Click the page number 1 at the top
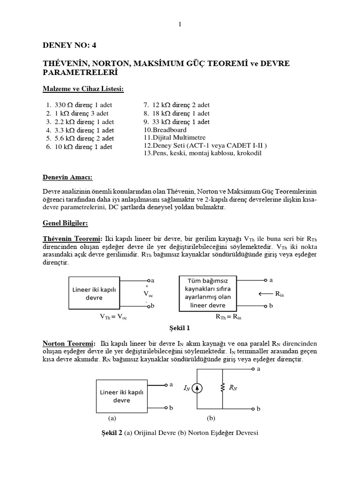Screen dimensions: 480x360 tap(179, 24)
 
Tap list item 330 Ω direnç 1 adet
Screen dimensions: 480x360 tap(80, 105)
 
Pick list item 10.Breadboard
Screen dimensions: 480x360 tap(165, 130)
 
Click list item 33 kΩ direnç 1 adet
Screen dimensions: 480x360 tap(177, 121)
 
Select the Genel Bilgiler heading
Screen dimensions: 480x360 tap(66, 224)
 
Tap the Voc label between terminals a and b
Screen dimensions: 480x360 tap(148, 293)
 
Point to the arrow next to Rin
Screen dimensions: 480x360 tap(263, 294)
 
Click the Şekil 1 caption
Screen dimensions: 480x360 tap(179, 328)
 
